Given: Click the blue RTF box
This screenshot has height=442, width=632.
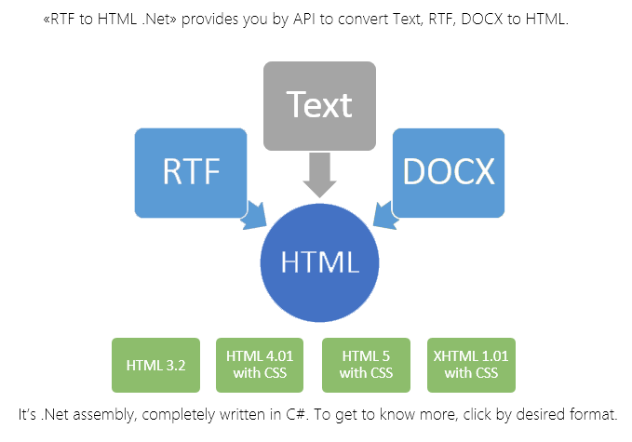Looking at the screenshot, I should click(191, 172).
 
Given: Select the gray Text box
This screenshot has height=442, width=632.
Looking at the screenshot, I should click(319, 105).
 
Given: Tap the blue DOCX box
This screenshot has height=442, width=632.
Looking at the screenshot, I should click(448, 172).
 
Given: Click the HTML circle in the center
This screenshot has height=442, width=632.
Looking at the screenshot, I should click(319, 262).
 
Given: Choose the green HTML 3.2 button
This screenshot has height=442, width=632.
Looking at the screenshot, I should click(149, 365).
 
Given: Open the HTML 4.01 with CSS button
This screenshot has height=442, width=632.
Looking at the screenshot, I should click(256, 365).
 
